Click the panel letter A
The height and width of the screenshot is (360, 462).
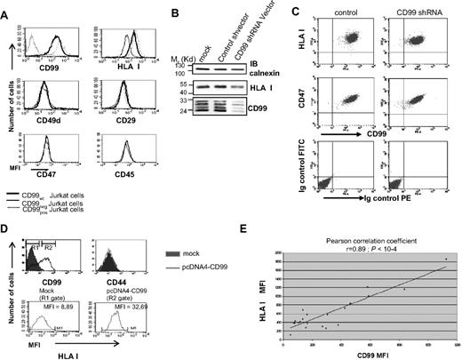[6, 9]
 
